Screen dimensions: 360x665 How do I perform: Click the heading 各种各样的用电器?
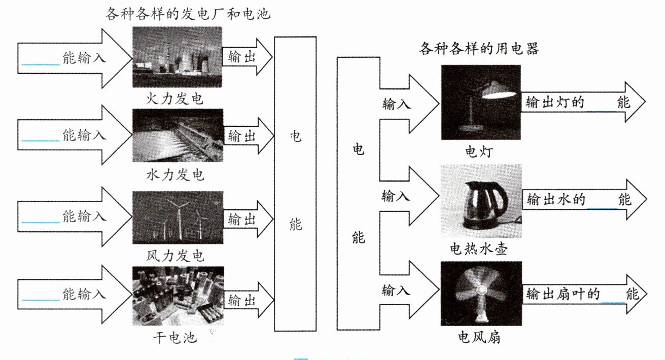click(479, 49)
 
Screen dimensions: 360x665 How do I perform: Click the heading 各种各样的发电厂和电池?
click(188, 14)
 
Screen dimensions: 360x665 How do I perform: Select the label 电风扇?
click(479, 337)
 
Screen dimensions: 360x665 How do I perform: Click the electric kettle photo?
click(481, 201)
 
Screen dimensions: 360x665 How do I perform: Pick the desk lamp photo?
click(481, 102)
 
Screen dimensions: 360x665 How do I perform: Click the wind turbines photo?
click(178, 218)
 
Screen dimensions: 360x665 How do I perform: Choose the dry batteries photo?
click(178, 297)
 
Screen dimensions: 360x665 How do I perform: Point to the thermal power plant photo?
click(178, 56)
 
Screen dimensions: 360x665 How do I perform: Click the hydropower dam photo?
click(178, 135)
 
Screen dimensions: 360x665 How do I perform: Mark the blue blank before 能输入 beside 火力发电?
click(41, 63)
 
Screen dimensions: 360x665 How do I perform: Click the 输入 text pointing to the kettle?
click(396, 196)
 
